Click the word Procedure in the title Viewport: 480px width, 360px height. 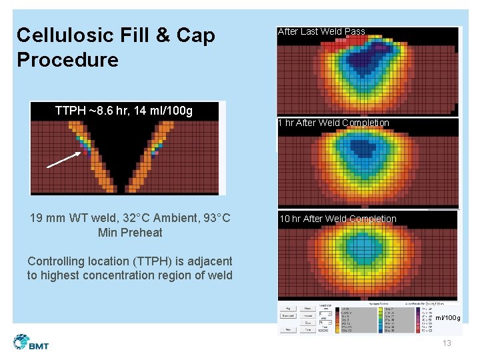click(x=67, y=60)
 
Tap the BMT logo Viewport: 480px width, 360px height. click(x=31, y=343)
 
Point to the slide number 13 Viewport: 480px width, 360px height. click(x=447, y=343)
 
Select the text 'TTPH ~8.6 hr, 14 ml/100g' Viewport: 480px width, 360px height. click(x=124, y=111)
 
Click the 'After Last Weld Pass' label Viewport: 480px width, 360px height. click(x=321, y=31)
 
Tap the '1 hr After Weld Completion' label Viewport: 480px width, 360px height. click(x=333, y=123)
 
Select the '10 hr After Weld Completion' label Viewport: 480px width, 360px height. click(x=337, y=219)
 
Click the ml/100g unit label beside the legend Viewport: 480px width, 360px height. click(x=447, y=318)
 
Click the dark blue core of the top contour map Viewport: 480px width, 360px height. click(x=369, y=63)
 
